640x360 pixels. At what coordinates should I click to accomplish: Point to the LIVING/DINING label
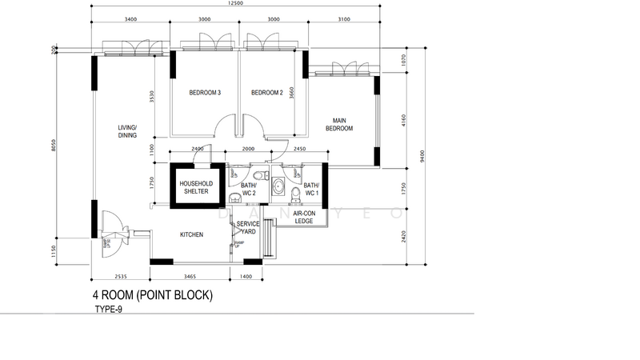click(x=128, y=132)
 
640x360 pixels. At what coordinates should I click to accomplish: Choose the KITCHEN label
click(x=191, y=235)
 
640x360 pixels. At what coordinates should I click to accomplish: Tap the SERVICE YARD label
click(x=247, y=227)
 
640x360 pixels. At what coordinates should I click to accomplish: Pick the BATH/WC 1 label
click(x=310, y=190)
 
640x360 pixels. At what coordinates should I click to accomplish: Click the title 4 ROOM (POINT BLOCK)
click(x=152, y=295)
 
